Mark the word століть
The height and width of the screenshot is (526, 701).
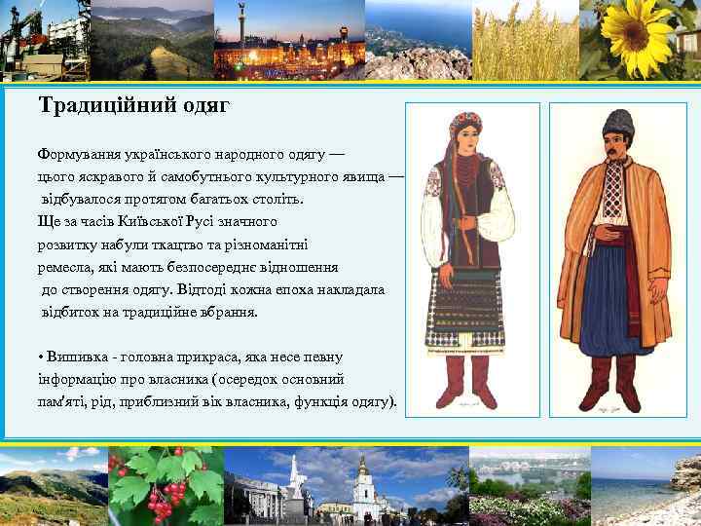click(276, 200)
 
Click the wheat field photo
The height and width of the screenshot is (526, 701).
click(525, 39)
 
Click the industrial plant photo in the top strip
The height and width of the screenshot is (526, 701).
click(44, 39)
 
